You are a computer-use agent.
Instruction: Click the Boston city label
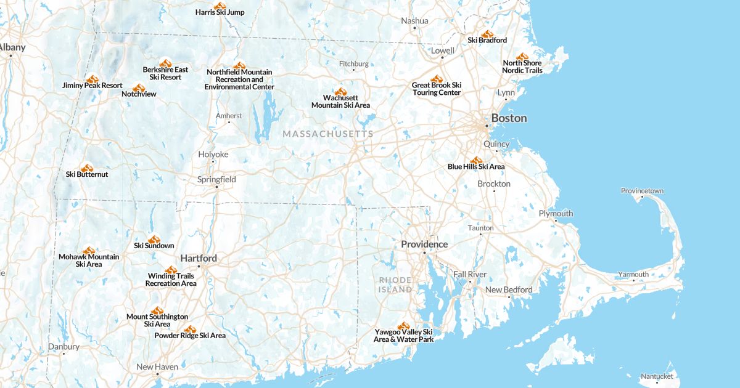coord(509,118)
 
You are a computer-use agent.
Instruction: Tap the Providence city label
coord(424,245)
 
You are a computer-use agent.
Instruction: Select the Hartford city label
coord(199,259)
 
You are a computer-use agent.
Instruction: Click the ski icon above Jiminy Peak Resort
coord(92,79)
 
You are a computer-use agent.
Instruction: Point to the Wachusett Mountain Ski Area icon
coord(340,91)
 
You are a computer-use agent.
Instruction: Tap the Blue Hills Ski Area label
coord(476,167)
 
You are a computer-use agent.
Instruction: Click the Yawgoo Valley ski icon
coord(403,326)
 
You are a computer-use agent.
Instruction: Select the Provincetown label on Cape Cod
coord(642,191)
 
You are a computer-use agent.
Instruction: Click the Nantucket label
coord(657,376)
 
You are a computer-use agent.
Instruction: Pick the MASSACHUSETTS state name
coord(328,134)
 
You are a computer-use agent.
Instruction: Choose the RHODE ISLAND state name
coord(395,285)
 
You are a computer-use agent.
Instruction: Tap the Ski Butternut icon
coord(87,168)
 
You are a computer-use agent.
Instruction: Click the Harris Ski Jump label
coord(220,12)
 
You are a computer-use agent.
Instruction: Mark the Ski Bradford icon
coord(487,34)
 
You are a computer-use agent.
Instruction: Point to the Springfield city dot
coord(216,187)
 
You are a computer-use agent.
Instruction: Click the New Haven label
coord(157,367)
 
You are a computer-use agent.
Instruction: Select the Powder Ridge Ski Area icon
coord(190,329)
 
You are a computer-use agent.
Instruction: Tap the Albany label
coord(11,47)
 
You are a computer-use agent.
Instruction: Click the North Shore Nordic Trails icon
coord(522,57)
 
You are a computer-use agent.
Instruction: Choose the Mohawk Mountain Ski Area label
coord(89,261)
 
